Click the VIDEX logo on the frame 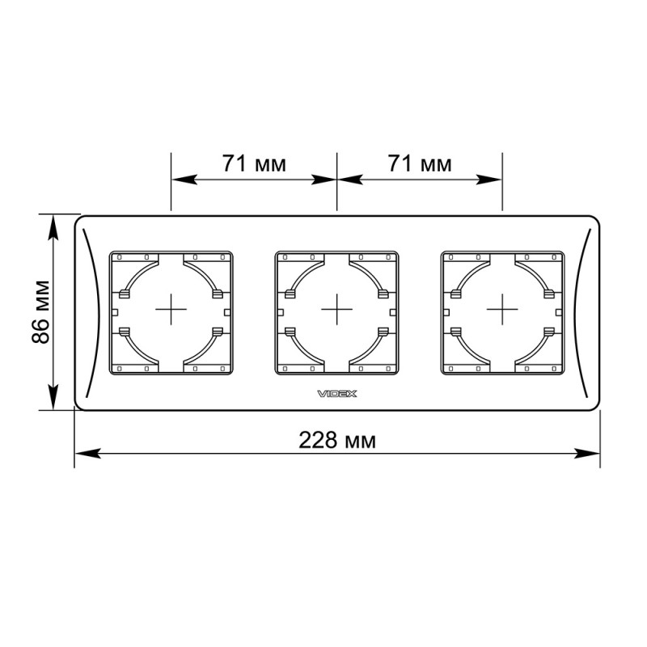336,394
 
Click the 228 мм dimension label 337,440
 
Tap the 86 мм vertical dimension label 41,312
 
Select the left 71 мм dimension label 254,163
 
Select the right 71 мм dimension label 420,163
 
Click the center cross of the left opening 171,309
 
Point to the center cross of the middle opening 336,309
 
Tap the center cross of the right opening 502,309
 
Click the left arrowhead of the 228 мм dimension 87,453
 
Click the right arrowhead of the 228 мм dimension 587,453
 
